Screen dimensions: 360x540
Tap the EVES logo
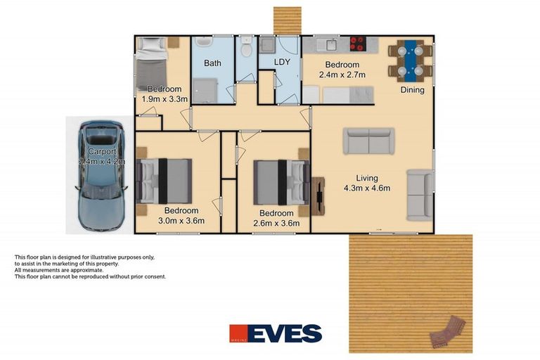(x=275, y=333)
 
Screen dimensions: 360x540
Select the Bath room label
(x=212, y=63)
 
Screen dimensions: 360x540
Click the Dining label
(x=412, y=90)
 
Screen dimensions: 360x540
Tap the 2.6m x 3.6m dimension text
(x=276, y=224)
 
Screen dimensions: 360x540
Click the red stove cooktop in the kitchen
(x=357, y=44)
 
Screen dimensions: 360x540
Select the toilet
(x=246, y=49)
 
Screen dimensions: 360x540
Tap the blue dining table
(x=409, y=59)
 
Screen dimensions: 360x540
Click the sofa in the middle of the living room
(x=368, y=141)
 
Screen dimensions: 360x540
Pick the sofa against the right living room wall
(x=420, y=194)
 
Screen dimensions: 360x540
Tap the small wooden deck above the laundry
(x=287, y=20)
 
